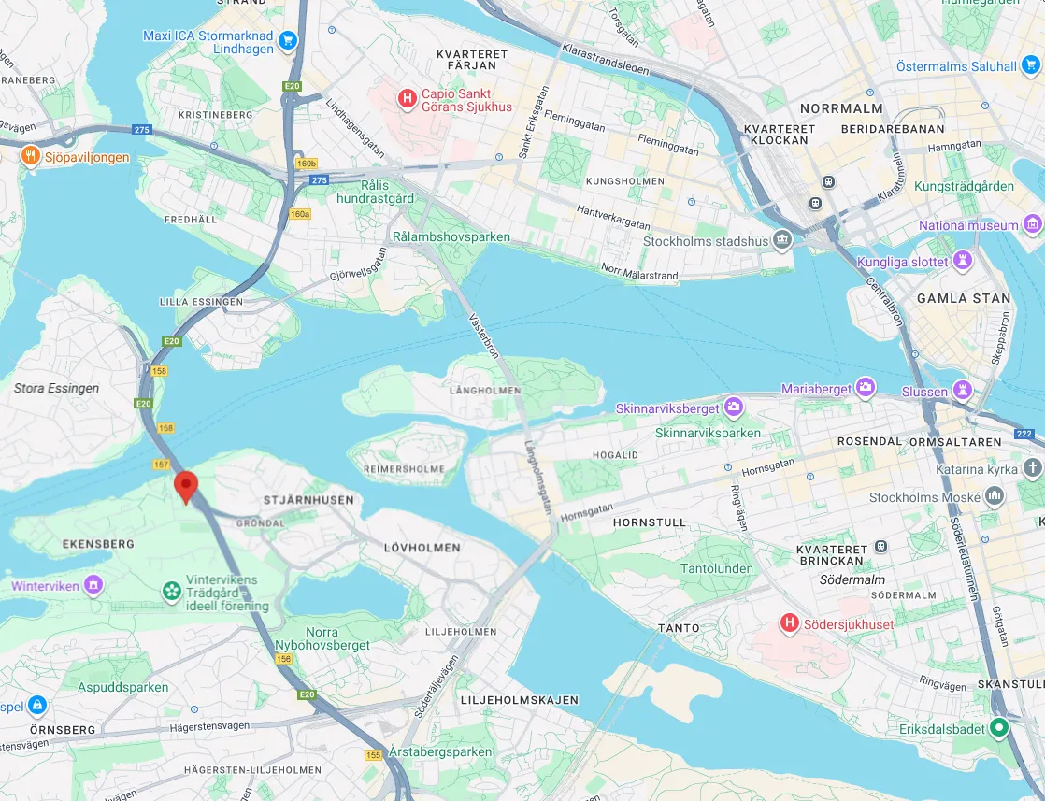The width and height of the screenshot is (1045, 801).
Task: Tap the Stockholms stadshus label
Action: [x=706, y=241]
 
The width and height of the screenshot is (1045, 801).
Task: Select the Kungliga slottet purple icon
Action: [x=964, y=262]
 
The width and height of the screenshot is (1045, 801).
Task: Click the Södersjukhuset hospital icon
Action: [x=790, y=623]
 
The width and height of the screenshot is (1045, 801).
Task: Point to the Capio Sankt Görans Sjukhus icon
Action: [x=407, y=99]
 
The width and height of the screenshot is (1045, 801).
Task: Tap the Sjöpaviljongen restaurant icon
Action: [x=31, y=157]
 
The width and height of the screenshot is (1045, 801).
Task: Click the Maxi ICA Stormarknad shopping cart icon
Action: [x=287, y=39]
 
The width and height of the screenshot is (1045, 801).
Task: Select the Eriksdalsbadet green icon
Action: [x=999, y=726]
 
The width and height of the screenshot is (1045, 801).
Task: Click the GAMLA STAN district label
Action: [x=964, y=298]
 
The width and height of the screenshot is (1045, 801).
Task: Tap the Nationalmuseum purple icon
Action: [x=1032, y=224]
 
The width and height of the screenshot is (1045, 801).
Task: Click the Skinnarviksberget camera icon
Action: [x=734, y=408]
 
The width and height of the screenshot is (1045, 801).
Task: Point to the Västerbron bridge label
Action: [x=483, y=335]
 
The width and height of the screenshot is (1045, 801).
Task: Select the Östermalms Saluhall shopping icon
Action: [x=1030, y=65]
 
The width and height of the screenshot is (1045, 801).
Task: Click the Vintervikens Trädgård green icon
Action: [x=171, y=590]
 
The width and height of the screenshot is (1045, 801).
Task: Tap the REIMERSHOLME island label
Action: [x=405, y=468]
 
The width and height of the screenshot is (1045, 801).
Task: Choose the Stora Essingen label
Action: [x=56, y=388]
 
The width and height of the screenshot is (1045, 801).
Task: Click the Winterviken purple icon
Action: [x=92, y=586]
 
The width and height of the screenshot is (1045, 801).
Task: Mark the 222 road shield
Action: [x=1023, y=433]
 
